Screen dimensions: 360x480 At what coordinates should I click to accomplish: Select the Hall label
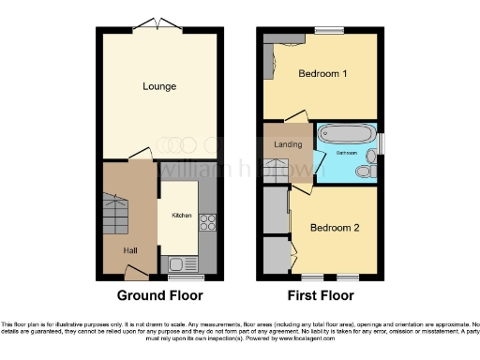click(x=131, y=250)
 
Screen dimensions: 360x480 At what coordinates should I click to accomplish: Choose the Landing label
click(x=287, y=144)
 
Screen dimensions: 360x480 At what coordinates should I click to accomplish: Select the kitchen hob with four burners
click(x=207, y=222)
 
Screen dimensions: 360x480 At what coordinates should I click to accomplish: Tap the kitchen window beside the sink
click(x=186, y=277)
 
